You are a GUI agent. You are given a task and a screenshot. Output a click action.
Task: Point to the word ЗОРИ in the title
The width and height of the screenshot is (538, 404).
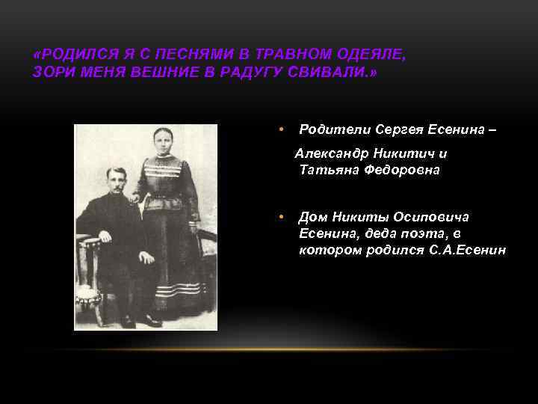point(51,73)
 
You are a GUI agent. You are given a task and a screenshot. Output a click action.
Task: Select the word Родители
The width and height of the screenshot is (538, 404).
point(330,129)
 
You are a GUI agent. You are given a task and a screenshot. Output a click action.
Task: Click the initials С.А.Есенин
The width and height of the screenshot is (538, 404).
point(469,250)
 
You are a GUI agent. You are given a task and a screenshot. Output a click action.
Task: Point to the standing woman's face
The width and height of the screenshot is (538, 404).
point(164,141)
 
